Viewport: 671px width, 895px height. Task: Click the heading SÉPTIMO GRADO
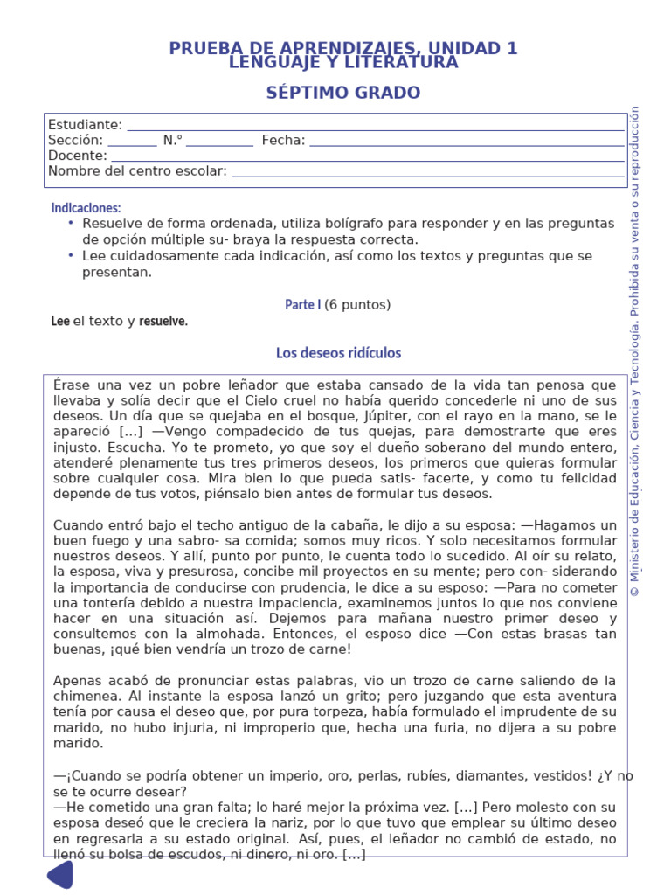(342, 93)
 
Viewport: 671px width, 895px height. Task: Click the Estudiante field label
(85, 125)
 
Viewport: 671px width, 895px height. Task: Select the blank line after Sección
(133, 141)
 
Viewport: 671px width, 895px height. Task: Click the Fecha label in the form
(283, 140)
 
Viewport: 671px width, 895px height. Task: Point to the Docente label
(77, 156)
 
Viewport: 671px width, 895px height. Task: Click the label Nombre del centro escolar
(137, 171)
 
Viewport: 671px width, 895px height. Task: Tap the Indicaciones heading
(86, 208)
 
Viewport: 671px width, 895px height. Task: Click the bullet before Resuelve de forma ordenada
(71, 224)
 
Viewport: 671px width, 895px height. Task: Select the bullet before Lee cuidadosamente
(71, 256)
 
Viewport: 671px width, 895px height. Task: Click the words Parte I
(302, 305)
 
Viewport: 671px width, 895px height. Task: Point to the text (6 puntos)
(357, 305)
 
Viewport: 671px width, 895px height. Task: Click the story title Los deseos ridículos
(338, 353)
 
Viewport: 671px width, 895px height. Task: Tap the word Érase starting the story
(73, 385)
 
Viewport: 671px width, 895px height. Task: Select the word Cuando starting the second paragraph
(80, 525)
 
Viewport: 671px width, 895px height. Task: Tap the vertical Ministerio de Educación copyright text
(635, 350)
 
